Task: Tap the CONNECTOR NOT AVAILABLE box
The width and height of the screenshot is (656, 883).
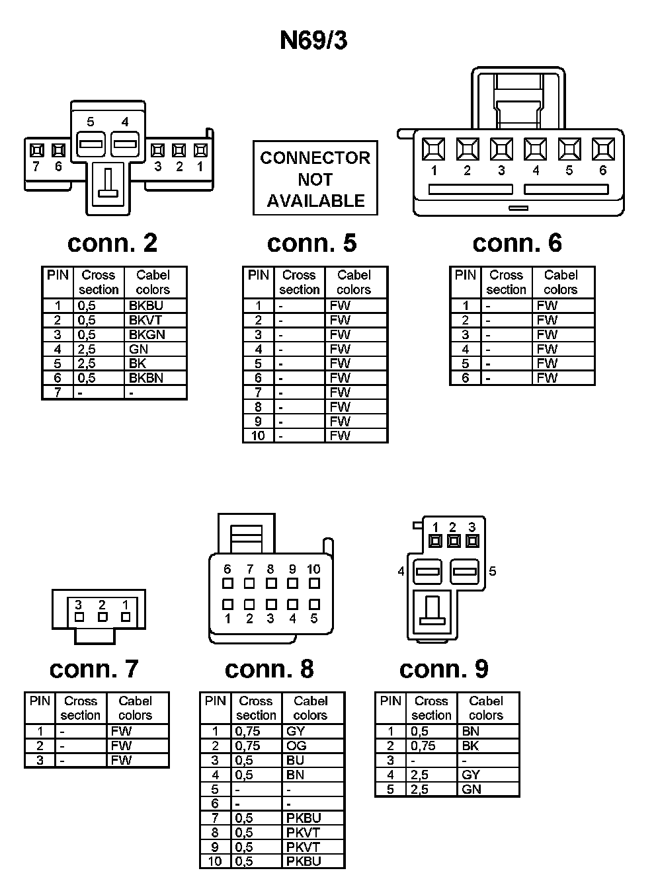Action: pos(315,178)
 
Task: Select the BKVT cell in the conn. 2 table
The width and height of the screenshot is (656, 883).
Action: pos(145,320)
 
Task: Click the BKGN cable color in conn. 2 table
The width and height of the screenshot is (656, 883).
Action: pos(147,334)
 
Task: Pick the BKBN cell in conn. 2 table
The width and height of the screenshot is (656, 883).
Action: pos(146,378)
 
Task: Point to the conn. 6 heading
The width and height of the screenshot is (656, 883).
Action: pos(517,243)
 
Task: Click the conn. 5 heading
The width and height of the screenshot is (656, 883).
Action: pos(311,243)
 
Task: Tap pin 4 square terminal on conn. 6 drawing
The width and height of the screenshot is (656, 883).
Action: pos(535,149)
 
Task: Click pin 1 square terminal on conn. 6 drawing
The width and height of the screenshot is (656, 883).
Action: pos(434,149)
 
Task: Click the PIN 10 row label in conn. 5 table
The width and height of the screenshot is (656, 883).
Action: pos(258,436)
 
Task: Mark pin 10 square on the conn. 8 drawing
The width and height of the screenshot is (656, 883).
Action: pos(314,584)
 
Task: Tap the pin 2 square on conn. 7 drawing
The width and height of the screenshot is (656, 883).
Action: pos(102,617)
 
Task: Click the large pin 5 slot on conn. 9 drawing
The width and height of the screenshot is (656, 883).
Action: pos(466,571)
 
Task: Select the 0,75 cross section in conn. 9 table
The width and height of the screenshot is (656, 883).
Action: pos(423,746)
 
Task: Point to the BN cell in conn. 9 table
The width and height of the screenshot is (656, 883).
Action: pos(471,731)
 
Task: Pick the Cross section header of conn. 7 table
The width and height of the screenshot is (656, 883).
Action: pos(81,708)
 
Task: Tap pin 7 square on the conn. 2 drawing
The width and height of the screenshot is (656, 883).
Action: pos(36,151)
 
